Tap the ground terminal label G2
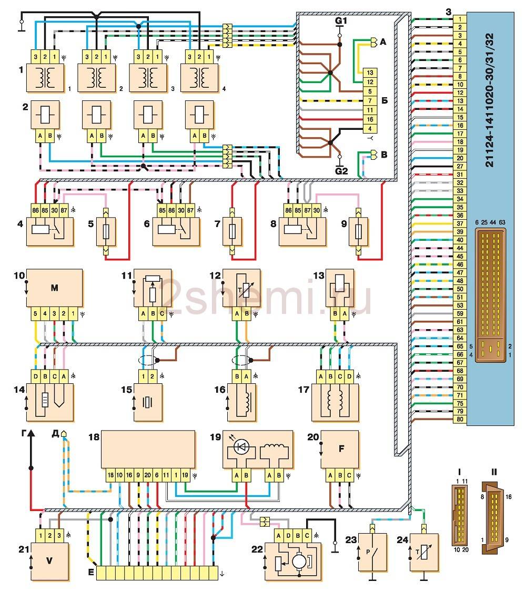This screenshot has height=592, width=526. [342, 170]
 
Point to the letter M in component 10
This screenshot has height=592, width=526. [54, 288]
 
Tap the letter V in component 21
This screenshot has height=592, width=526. [49, 560]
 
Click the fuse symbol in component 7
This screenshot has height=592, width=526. [232, 231]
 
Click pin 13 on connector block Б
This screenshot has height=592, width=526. [370, 73]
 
